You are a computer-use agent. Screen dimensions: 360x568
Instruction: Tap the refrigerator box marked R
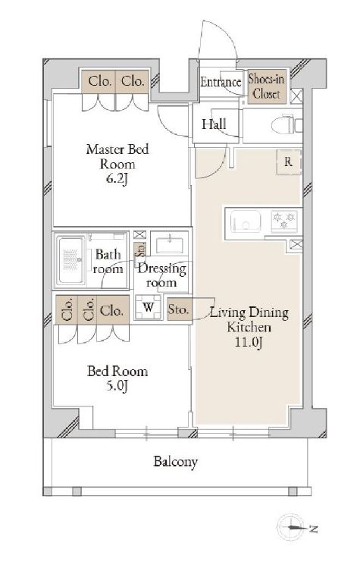[x=288, y=162]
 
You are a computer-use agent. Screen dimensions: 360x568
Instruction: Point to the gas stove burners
[x=284, y=221]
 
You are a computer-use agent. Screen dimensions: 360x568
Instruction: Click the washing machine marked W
[x=148, y=308]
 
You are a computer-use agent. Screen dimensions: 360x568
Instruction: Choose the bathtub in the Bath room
[x=71, y=259]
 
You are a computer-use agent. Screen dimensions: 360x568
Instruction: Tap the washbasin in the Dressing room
[x=169, y=243]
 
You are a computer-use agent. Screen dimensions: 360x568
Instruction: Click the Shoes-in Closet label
[x=267, y=86]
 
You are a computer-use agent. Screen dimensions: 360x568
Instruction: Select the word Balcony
[x=175, y=462]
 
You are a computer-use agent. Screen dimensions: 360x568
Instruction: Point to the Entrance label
[x=221, y=82]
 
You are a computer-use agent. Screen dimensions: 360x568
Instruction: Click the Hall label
[x=214, y=124]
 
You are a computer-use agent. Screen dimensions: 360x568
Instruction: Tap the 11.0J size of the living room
[x=249, y=342]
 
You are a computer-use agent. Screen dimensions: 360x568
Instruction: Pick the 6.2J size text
[x=117, y=179]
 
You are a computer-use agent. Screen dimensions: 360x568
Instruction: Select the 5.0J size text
[x=117, y=387]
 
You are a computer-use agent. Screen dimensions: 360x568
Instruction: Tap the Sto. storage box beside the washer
[x=178, y=309]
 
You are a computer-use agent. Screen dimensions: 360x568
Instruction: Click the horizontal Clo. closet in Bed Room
[x=111, y=310]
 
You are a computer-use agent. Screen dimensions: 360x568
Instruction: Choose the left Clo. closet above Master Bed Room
[x=99, y=81]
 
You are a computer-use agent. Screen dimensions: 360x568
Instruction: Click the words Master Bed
[x=117, y=149]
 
